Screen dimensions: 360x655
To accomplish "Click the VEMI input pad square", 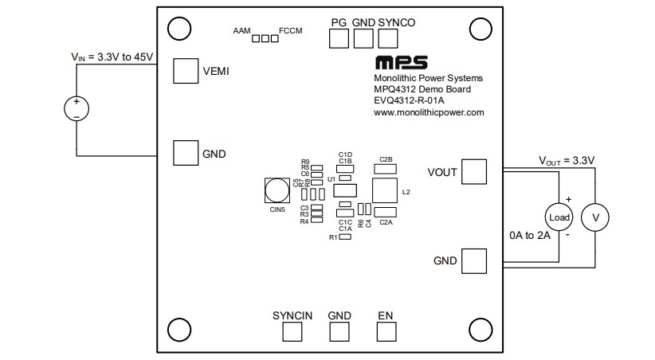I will tap(186, 71).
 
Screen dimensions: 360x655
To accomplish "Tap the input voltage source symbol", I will tap(76, 109).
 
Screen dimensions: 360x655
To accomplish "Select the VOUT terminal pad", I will tap(474, 171).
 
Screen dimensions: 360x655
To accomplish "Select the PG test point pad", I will tap(338, 37).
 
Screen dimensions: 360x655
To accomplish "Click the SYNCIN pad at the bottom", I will tap(292, 332).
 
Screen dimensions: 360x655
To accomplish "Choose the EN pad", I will tap(386, 332).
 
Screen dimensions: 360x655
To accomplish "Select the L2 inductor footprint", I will tap(385, 191).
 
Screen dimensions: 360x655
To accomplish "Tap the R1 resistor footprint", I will tap(345, 237).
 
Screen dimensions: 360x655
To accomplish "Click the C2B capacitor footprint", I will tap(386, 168).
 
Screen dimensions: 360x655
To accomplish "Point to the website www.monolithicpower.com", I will tap(429, 113).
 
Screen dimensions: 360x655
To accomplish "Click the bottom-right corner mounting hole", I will tap(480, 328).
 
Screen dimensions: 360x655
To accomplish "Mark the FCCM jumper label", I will tap(290, 31).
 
